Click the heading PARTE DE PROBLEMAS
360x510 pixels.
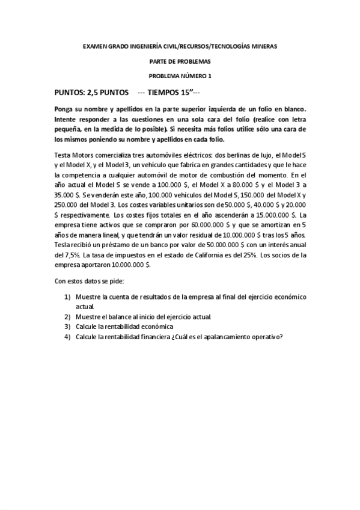[180, 61]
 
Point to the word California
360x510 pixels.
[225, 255]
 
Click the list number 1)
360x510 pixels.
[68, 297]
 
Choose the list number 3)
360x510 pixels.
[68, 326]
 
